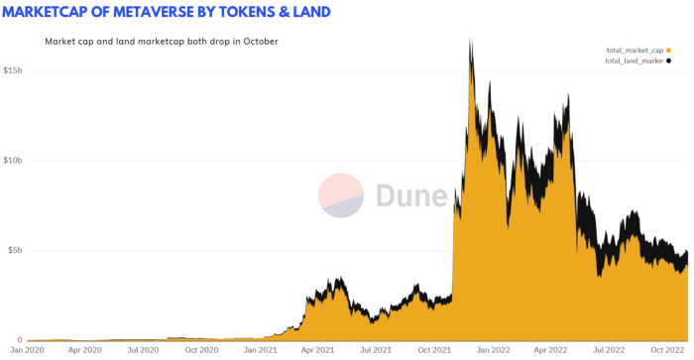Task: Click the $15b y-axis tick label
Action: (12, 70)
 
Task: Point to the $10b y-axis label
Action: (12, 161)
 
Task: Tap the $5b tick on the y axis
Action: (15, 250)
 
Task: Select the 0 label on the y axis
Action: (20, 340)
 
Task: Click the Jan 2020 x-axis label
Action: (27, 350)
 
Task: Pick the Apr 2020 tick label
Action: (85, 350)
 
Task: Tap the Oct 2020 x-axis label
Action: (201, 350)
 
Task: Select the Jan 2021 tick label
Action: (260, 350)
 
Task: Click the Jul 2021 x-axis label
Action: (376, 350)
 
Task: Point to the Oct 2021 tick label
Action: (434, 350)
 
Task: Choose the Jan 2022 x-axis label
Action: (493, 350)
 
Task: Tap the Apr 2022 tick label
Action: (550, 350)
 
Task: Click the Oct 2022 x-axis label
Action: (667, 350)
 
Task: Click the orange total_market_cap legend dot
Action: (668, 50)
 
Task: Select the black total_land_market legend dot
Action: (668, 60)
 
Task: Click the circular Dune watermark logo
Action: (341, 195)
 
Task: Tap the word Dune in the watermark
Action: (411, 195)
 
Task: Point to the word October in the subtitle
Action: (261, 42)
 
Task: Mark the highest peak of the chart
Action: (471, 39)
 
